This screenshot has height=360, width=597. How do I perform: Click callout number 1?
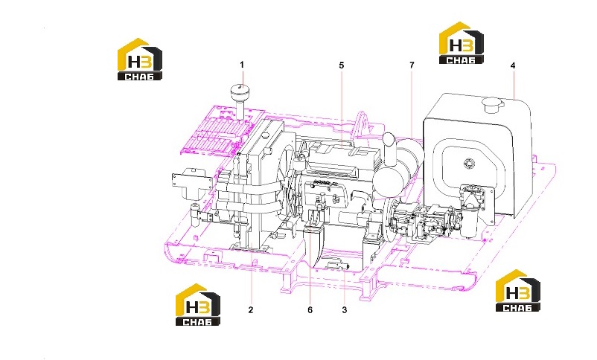click(242, 65)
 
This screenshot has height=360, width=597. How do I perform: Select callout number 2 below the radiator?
click(251, 309)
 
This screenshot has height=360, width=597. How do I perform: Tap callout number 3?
click(345, 309)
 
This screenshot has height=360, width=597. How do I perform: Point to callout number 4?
click(513, 65)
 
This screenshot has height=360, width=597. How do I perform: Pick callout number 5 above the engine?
click(342, 65)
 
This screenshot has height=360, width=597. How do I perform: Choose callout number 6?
click(310, 309)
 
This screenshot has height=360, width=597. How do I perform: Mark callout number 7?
click(412, 65)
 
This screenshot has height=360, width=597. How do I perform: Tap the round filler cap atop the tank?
click(494, 104)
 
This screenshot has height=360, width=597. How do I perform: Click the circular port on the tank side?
click(469, 164)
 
